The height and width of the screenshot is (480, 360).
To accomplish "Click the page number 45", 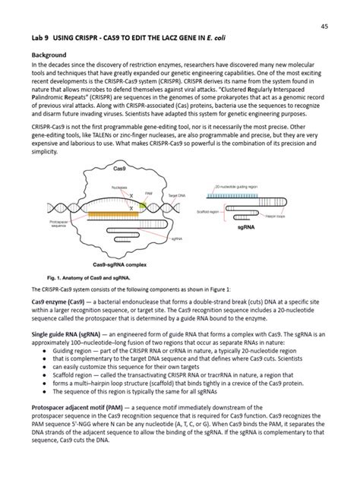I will tap(324, 26).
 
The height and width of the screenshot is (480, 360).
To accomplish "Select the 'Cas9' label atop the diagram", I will tap(119, 168).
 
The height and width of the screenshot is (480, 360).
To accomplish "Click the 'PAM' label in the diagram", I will tap(148, 194).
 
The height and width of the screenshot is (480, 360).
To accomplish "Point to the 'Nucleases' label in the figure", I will tap(118, 187).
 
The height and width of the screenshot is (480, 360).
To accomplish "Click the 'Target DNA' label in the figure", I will tap(178, 196).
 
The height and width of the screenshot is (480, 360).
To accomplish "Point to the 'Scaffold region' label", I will tap(207, 212).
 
